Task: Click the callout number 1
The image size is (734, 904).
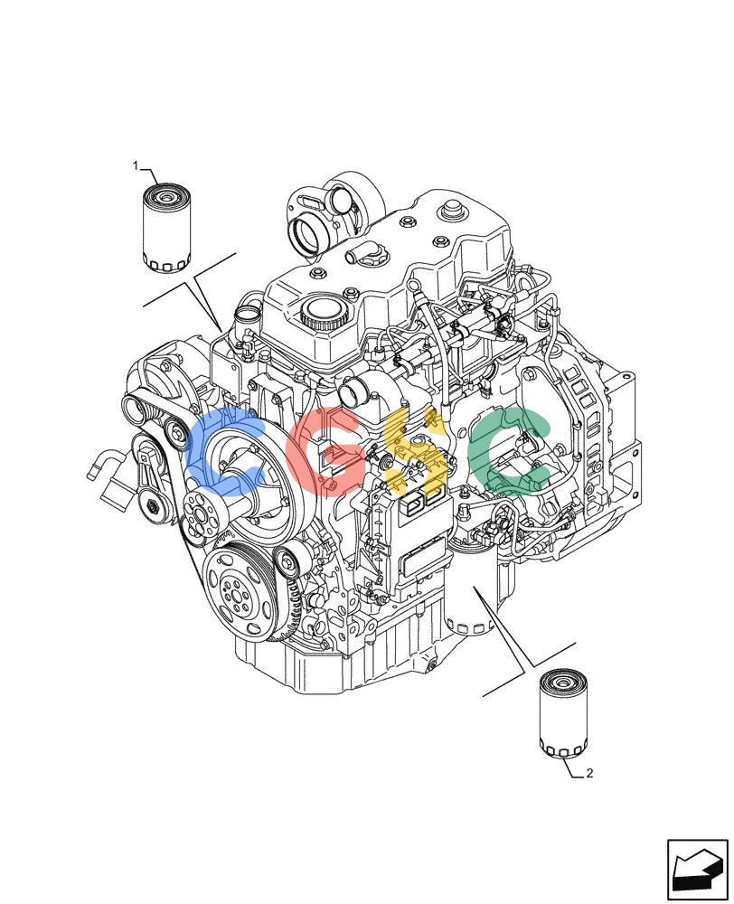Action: (136, 166)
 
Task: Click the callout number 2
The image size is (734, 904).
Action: (589, 773)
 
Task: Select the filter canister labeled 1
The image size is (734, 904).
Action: (165, 227)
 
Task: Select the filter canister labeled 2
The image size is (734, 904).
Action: (562, 712)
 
